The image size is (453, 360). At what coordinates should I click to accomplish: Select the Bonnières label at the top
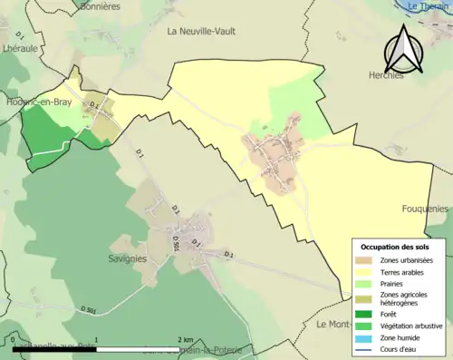point(100,5)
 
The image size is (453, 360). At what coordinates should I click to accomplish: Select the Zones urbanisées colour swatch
point(368,260)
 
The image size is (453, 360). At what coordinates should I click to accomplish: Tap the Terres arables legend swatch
point(368,272)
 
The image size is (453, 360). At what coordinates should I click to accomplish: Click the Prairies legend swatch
point(368,284)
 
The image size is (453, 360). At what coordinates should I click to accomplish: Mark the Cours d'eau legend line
point(368,349)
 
